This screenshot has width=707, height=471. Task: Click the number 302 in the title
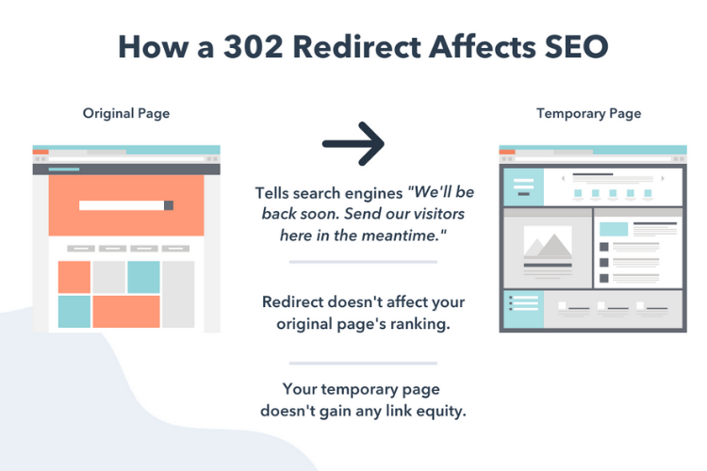[253, 47]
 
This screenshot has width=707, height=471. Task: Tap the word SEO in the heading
[576, 47]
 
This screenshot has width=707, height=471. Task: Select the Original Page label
[126, 113]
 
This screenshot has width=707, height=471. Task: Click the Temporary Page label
[588, 113]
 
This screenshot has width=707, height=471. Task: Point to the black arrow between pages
[353, 144]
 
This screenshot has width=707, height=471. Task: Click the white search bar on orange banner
[122, 205]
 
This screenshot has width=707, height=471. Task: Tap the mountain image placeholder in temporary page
[548, 242]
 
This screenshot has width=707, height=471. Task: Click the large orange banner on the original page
[126, 205]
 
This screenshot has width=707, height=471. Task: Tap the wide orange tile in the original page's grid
[126, 312]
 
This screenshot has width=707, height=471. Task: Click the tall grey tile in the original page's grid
[178, 294]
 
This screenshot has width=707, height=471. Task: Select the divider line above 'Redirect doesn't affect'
[363, 262]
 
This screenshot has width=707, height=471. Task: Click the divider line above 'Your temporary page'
[363, 363]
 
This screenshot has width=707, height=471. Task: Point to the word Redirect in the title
[356, 47]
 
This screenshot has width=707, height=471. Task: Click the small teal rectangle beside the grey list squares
[614, 229]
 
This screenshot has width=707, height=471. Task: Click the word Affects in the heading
[482, 47]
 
